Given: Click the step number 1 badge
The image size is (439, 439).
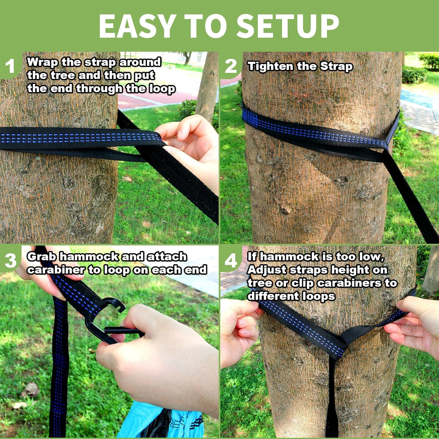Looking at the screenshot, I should [10, 66].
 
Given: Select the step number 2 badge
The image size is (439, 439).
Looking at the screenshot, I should [231, 66].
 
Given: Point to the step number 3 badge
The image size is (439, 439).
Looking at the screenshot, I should [11, 260].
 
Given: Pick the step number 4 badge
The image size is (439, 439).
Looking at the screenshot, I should [231, 260].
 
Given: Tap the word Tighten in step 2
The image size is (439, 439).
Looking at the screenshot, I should [270, 66].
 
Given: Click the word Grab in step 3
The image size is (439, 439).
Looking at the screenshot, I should [41, 257].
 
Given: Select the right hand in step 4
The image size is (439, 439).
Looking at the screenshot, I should [416, 328].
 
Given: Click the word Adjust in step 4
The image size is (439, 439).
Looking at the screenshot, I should [266, 270].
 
